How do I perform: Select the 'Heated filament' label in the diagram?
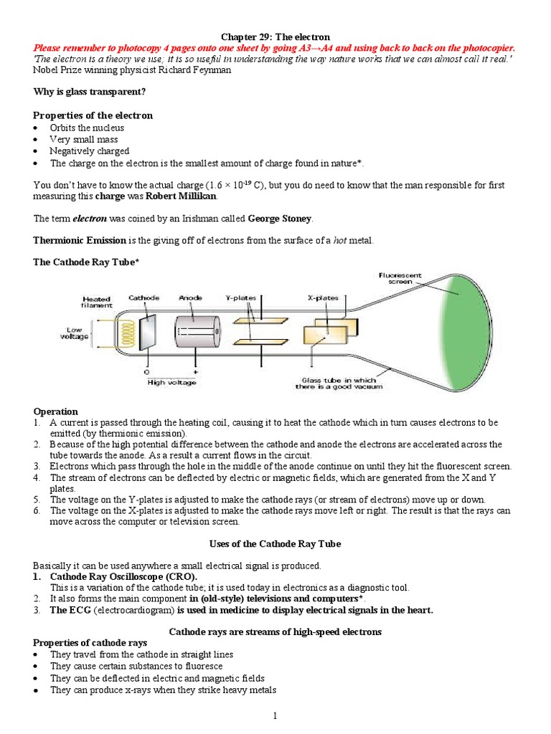(x=96, y=302)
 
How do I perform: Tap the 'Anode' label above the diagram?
(x=191, y=297)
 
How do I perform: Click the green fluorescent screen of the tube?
(x=470, y=330)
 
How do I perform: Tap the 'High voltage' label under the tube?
(x=166, y=382)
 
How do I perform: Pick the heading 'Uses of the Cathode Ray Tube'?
(x=275, y=544)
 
